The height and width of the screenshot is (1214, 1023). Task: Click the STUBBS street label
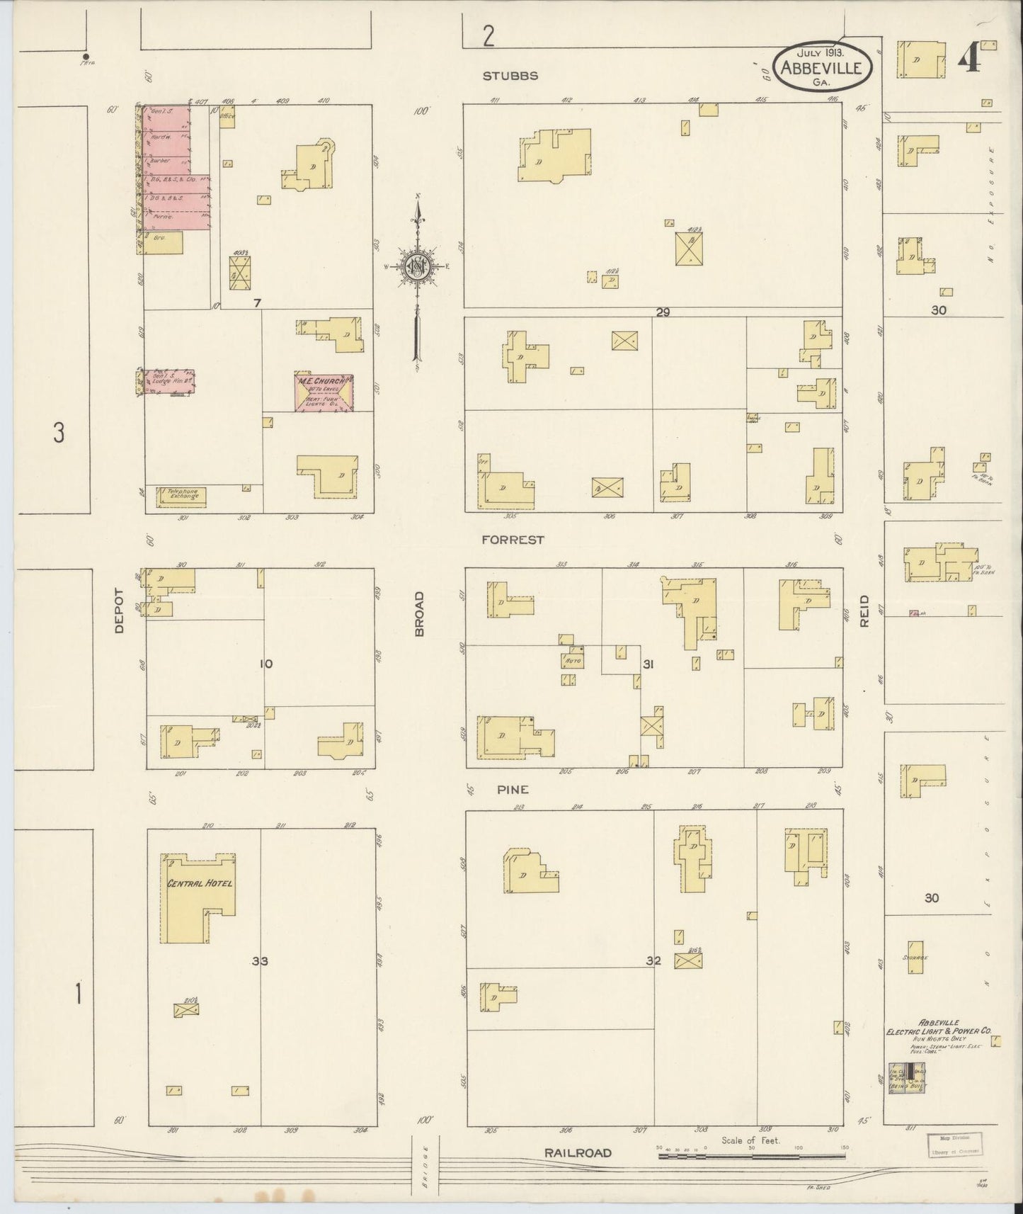pos(510,76)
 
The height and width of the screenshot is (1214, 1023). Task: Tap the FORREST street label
pos(513,540)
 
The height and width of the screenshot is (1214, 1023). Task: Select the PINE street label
pos(513,790)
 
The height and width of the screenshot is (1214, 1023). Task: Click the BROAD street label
pos(419,613)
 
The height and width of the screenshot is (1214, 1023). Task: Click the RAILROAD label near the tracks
pos(577,1153)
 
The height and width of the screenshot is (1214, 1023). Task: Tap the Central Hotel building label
pos(200,883)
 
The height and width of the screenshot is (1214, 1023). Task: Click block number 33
pos(260,961)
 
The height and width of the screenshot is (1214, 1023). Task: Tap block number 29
pos(663,312)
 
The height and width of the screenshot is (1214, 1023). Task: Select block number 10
pos(265,664)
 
